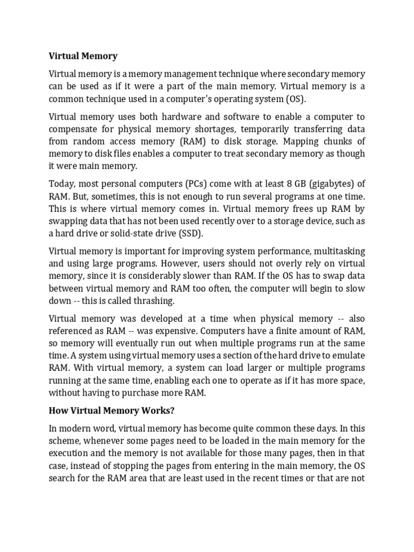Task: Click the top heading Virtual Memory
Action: pyautogui.click(x=83, y=56)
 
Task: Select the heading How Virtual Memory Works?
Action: pyautogui.click(x=112, y=411)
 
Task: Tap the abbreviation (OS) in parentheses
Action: pyautogui.click(x=280, y=99)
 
